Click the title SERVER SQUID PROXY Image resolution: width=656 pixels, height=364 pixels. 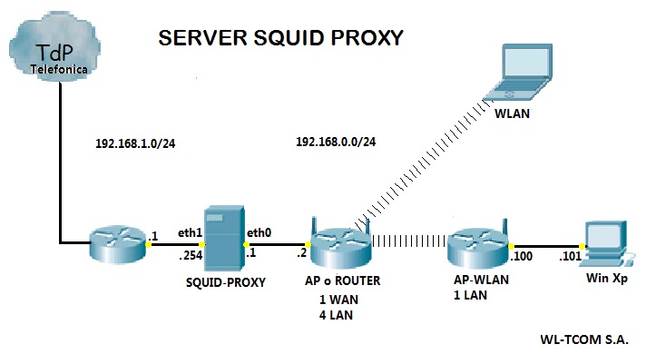280,37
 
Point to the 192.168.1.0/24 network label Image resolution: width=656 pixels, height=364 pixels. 133,143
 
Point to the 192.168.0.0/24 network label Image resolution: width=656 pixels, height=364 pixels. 336,143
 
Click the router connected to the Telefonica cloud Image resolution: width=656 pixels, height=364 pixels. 118,243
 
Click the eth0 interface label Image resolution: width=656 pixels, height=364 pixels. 259,232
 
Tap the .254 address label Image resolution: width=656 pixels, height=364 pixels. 189,255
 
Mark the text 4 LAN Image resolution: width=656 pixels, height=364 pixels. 336,316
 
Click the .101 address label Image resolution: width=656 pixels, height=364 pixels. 569,257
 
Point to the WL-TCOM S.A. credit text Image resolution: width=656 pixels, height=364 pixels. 584,339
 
